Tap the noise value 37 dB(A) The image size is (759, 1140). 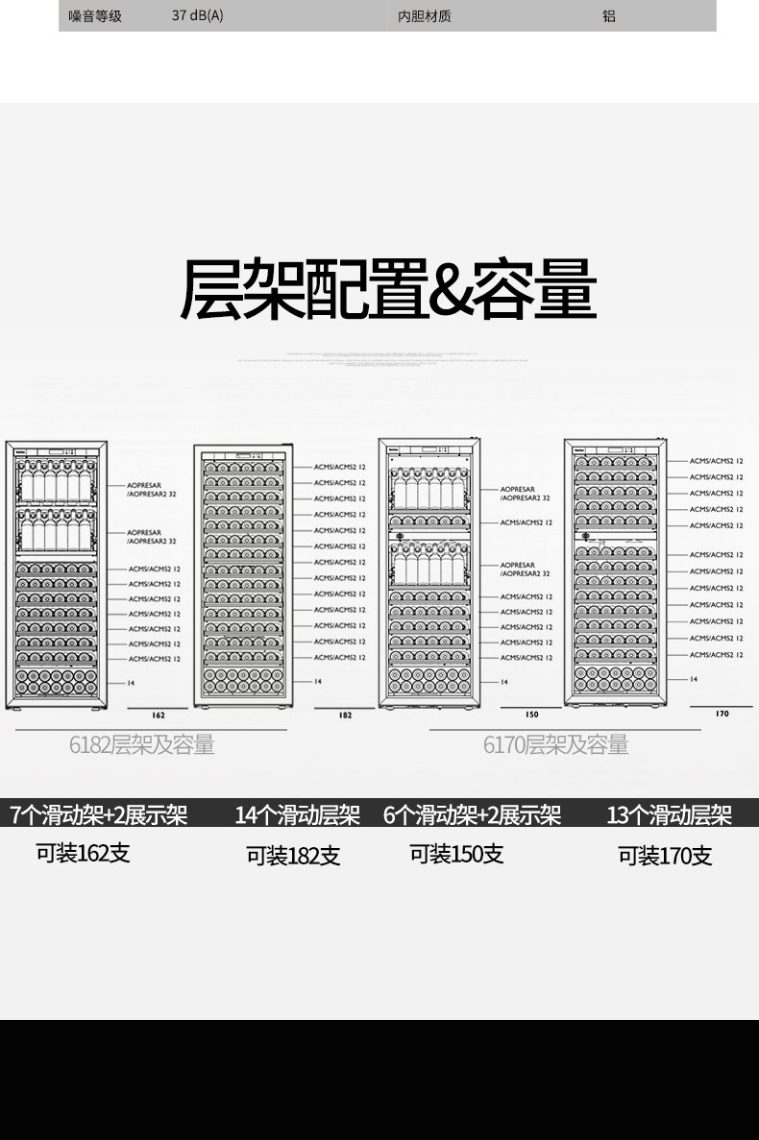(x=198, y=16)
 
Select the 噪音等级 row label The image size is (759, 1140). (x=95, y=16)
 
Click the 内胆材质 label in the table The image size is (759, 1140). (x=424, y=16)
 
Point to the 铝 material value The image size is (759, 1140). (x=609, y=16)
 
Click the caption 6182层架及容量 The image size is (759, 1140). (x=141, y=744)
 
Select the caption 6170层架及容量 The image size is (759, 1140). (x=556, y=744)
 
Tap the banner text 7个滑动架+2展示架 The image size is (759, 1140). (x=98, y=815)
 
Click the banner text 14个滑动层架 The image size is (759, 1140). (x=298, y=815)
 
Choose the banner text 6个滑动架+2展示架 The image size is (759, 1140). (x=472, y=815)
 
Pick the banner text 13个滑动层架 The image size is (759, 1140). (x=670, y=815)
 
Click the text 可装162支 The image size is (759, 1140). (x=83, y=852)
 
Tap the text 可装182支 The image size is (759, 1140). (x=293, y=855)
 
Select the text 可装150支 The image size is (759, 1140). (x=456, y=853)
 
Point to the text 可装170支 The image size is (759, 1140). (x=665, y=855)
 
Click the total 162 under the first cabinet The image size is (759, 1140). (x=159, y=716)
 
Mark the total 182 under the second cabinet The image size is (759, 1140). (x=346, y=716)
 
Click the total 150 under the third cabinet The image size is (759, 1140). (x=532, y=715)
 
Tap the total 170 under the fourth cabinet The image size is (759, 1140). (x=722, y=714)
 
